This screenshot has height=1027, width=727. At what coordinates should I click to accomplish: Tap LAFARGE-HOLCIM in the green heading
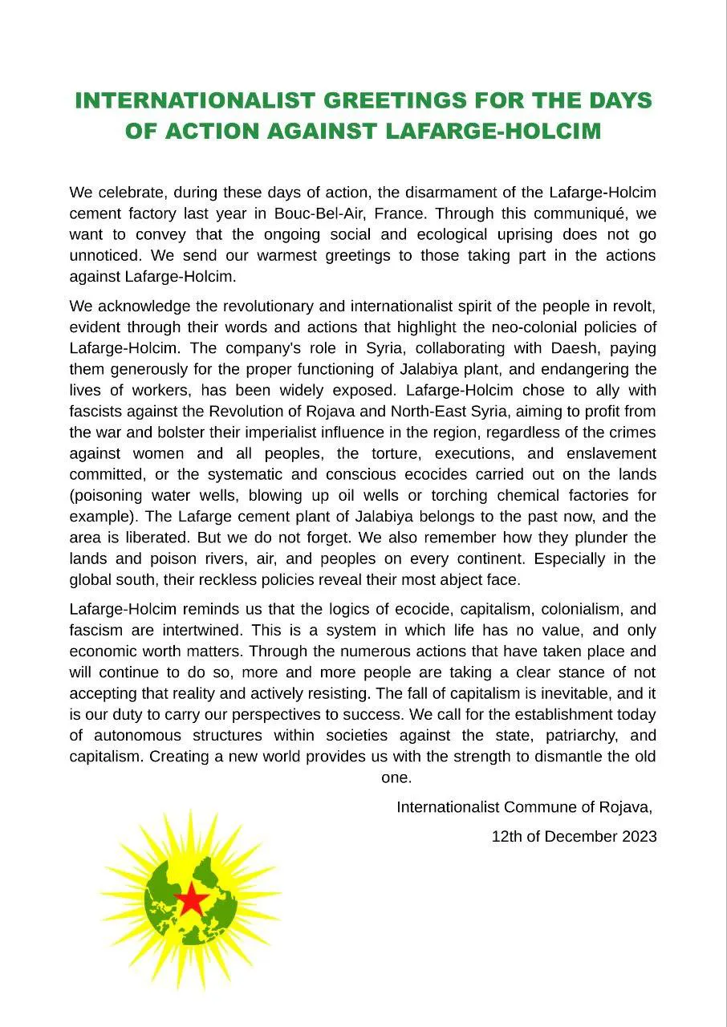pyautogui.click(x=493, y=131)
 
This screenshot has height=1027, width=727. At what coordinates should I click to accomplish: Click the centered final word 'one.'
pyautogui.click(x=396, y=777)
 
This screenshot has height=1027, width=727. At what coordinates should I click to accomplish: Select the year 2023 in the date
pyautogui.click(x=639, y=836)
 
